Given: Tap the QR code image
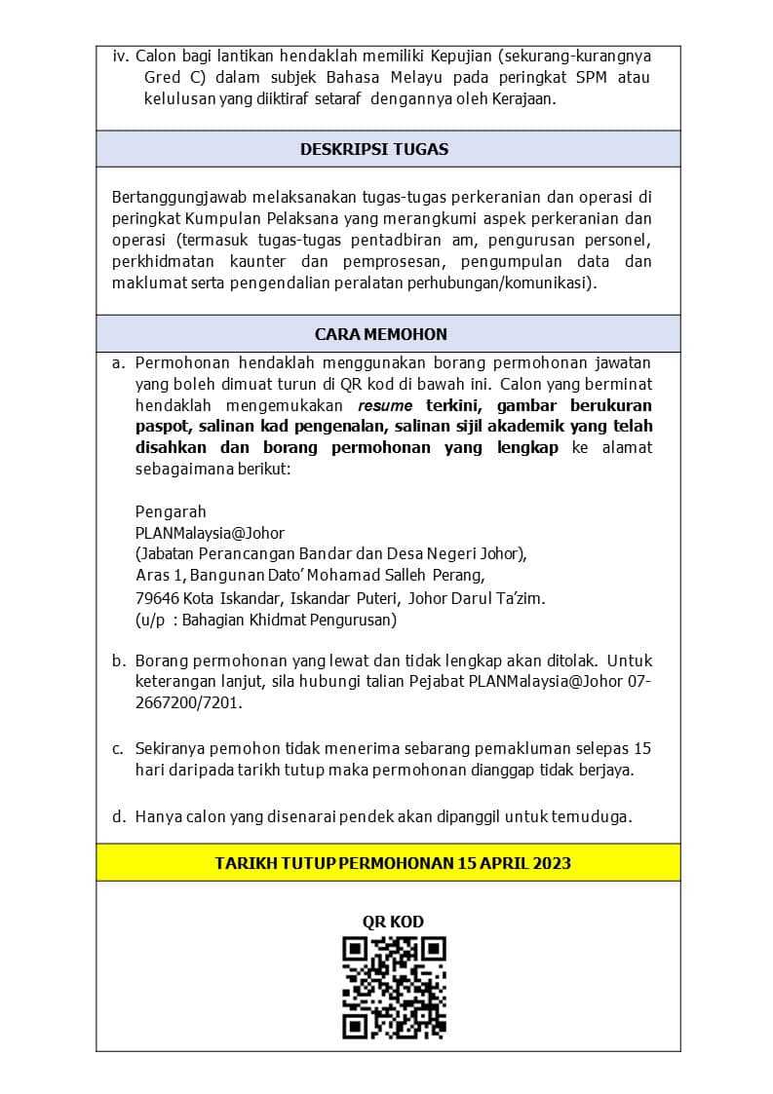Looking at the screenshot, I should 394,988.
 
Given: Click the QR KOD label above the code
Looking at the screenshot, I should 393,922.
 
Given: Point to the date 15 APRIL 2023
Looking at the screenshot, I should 515,863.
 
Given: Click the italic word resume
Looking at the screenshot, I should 385,405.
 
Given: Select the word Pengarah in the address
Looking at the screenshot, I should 171,511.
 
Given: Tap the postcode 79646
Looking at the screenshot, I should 157,598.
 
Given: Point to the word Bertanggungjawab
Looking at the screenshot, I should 176,197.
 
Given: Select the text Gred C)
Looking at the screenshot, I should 174,77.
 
